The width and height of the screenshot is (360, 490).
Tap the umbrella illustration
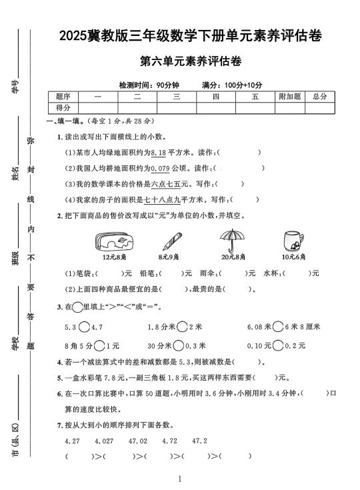pos(234,240)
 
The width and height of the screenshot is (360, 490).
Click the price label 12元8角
pos(111,257)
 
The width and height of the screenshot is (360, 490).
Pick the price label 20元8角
pos(234,257)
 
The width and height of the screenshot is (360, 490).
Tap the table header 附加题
pos(289,97)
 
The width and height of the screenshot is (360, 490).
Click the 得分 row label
pos(63,107)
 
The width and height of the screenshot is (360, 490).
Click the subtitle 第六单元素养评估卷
pos(191,61)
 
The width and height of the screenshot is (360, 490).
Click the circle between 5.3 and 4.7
pos(84,327)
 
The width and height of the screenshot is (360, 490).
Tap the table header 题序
pos(63,97)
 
